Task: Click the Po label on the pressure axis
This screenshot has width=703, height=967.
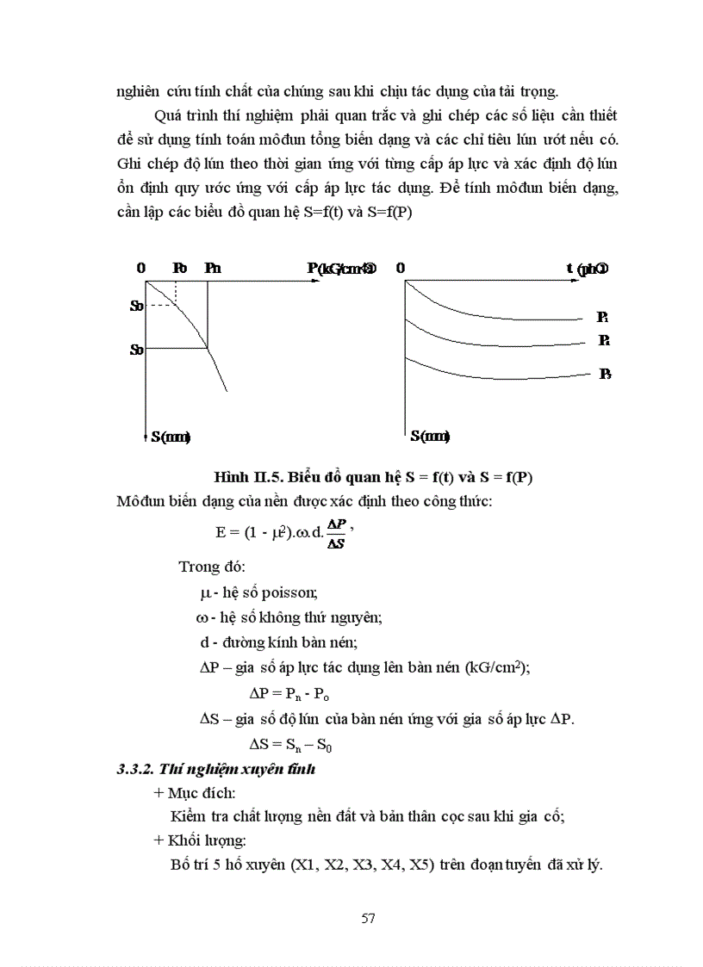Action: pos(179,268)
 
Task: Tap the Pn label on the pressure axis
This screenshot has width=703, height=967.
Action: pos(213,268)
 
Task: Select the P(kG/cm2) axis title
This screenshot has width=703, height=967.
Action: pos(341,268)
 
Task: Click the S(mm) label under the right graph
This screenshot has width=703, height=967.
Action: pos(430,437)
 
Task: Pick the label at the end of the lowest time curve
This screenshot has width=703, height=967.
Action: pos(605,375)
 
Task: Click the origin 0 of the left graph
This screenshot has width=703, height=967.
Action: pos(141,268)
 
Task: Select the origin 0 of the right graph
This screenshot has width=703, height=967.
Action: pos(401,268)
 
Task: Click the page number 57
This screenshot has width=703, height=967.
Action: pos(368,918)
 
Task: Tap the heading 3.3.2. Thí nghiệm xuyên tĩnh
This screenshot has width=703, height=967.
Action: pos(216,769)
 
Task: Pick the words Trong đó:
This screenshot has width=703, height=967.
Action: pos(212,567)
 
